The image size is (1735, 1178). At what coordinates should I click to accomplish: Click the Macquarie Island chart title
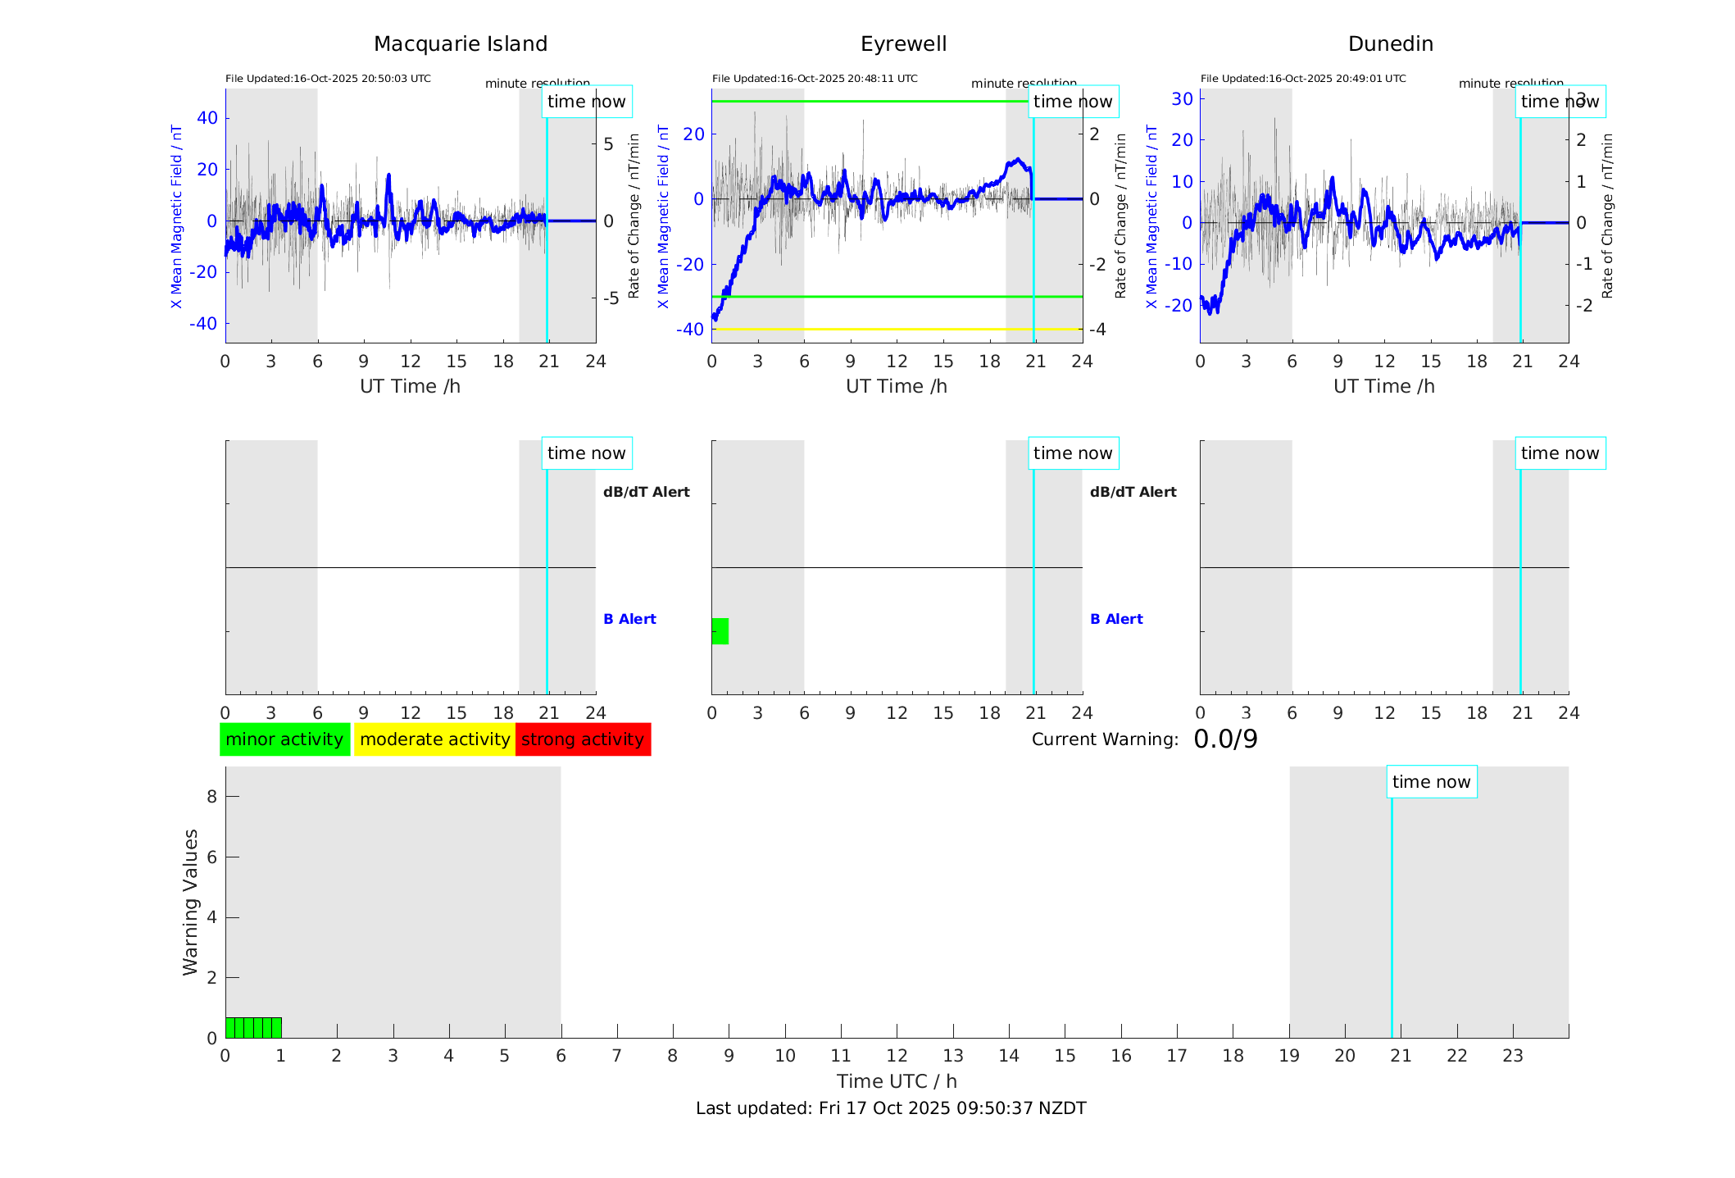461,44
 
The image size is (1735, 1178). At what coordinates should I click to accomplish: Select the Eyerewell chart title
903,44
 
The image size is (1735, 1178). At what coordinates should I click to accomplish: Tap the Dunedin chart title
1390,44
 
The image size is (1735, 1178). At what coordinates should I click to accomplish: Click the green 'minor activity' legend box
284,739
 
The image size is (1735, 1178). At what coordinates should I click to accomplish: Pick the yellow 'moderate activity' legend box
434,739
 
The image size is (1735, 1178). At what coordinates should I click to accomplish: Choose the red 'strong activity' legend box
583,739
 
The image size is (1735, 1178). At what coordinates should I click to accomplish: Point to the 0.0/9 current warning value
1225,739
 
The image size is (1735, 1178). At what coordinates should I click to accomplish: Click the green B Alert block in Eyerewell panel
720,631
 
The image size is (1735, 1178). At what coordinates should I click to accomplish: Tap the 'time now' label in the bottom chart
1431,782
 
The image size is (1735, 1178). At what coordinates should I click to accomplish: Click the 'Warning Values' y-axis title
190,902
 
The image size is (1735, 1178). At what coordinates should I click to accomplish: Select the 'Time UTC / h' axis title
897,1081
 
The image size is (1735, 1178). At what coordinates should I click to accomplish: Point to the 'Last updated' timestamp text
891,1108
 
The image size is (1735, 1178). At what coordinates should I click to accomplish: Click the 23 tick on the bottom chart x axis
1513,1056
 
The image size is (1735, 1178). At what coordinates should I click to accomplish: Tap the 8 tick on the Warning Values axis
212,796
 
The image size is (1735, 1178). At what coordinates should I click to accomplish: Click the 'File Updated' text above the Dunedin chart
1303,79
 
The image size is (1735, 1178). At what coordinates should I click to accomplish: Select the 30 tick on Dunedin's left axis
1182,98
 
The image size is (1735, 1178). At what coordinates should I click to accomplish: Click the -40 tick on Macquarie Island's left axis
203,324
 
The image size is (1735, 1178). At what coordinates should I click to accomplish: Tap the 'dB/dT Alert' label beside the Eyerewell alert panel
1133,492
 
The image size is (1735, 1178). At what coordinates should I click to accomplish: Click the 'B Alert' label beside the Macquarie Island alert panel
629,619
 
